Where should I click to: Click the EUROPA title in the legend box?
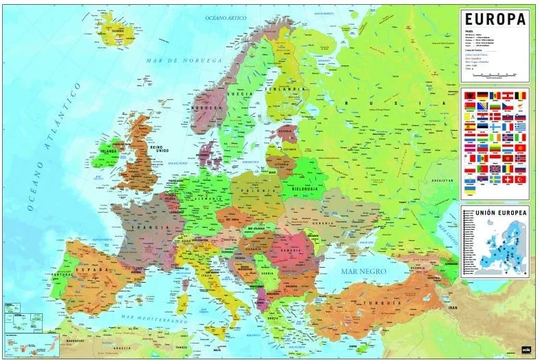click(x=495, y=19)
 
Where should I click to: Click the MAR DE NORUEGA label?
click(x=184, y=61)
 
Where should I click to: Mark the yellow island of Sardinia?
click(x=184, y=301)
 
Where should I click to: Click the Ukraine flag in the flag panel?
click(x=471, y=188)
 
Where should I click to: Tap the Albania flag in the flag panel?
click(x=470, y=95)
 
